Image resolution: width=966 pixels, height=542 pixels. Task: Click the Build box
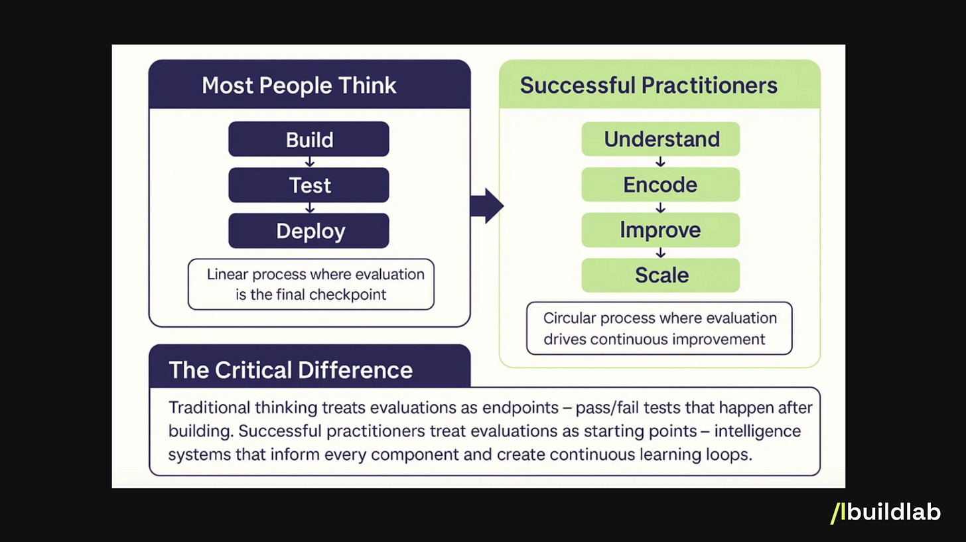[x=309, y=139]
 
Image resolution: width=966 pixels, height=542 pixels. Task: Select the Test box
[x=309, y=185]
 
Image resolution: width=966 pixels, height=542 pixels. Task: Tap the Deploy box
[x=309, y=231]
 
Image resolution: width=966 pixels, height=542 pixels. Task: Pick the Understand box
[x=661, y=139]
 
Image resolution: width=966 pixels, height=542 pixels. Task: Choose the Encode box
[x=661, y=184]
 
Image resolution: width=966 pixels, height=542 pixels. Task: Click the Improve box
[x=661, y=230]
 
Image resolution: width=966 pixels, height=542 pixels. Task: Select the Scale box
[x=661, y=275]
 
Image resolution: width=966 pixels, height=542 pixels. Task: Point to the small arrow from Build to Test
[x=309, y=162]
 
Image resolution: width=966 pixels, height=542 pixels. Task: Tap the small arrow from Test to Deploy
[x=309, y=208]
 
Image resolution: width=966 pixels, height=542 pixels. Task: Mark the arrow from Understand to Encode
[x=660, y=162]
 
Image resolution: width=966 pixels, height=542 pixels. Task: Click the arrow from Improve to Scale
[x=660, y=252]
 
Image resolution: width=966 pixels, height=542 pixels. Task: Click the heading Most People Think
[x=299, y=86]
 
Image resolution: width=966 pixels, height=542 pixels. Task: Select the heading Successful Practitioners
[x=649, y=86]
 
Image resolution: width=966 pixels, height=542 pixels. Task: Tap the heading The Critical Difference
[x=291, y=370]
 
